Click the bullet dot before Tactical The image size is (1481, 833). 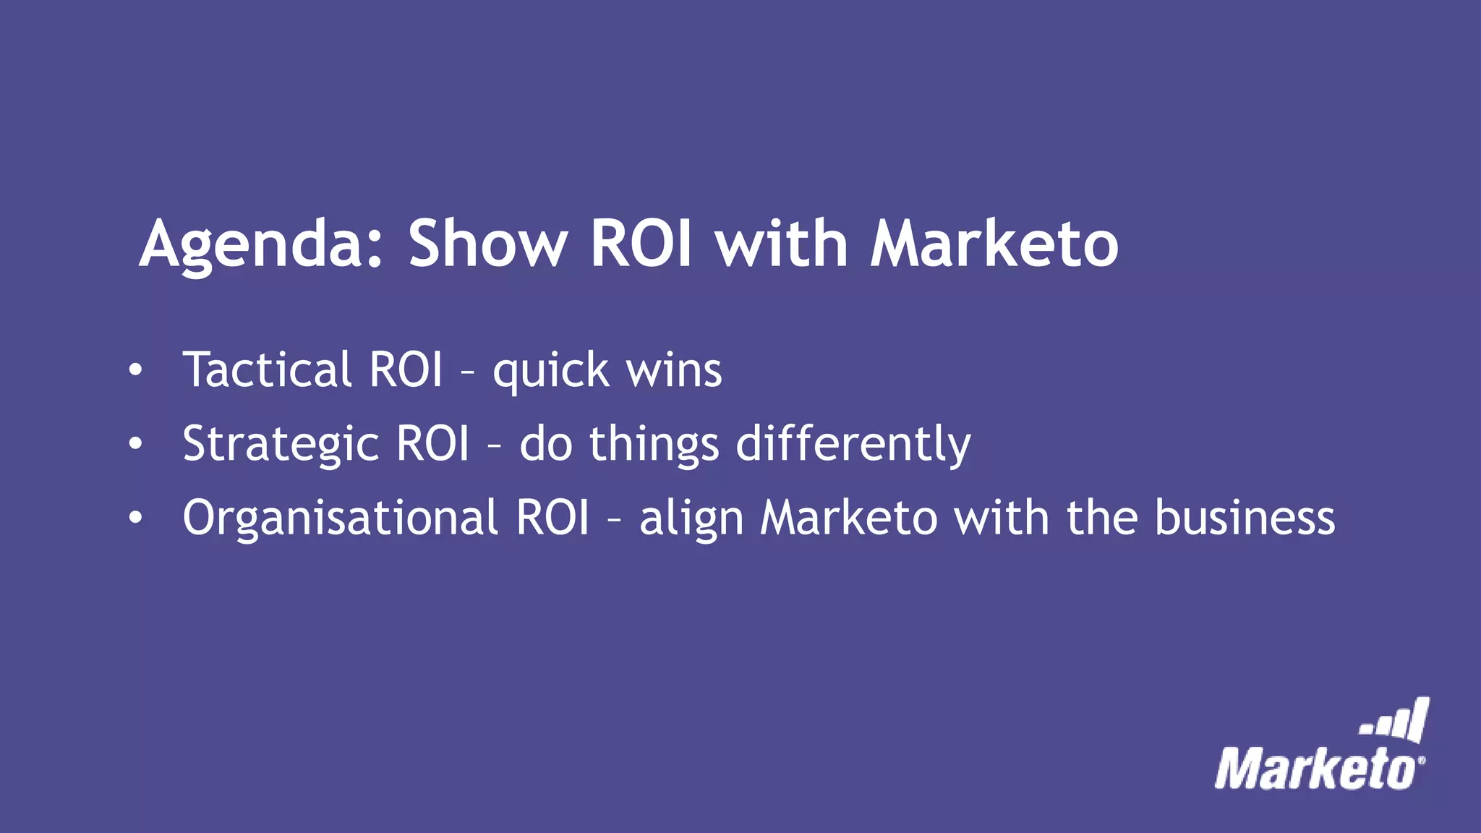pos(135,370)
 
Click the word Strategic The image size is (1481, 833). pos(281,444)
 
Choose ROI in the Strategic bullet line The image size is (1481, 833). pos(433,443)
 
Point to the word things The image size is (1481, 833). pos(654,444)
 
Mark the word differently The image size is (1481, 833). pos(853,444)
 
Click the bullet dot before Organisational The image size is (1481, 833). pos(135,518)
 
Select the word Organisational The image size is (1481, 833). pos(340,518)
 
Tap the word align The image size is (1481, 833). pos(691,519)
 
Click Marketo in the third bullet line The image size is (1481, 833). pos(849,518)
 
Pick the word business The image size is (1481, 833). pos(1245,518)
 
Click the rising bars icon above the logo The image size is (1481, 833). pos(1396,720)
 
